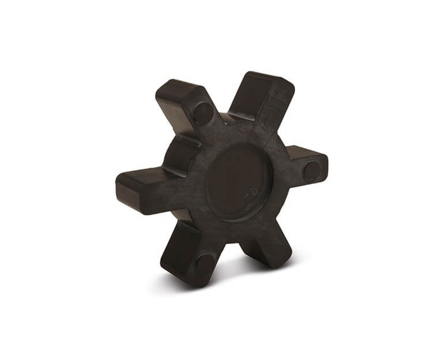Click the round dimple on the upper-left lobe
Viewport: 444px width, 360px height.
click(x=202, y=113)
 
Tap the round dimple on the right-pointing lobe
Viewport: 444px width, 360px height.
click(x=311, y=170)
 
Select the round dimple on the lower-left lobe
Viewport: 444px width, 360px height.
click(x=204, y=264)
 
